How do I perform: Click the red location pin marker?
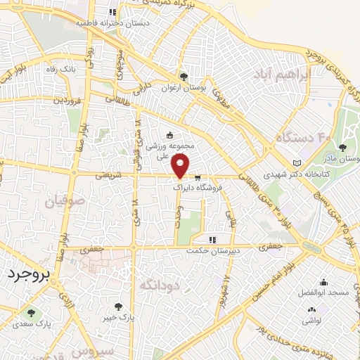pos(181,166)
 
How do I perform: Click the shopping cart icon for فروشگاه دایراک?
pos(198,177)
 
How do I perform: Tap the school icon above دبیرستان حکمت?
pos(213,240)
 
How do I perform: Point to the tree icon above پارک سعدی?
pos(30,312)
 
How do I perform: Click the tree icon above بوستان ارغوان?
pos(184,76)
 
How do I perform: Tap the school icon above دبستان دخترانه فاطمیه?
pos(112,12)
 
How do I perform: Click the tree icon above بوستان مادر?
pos(342,148)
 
